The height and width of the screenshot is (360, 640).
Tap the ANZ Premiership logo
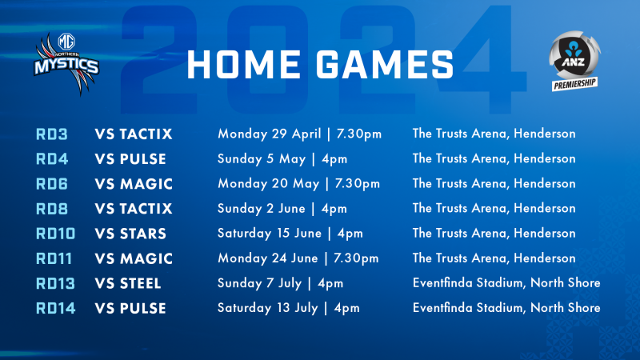click(574, 61)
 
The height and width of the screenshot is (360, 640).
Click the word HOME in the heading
click(244, 65)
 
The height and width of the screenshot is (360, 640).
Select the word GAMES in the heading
click(385, 65)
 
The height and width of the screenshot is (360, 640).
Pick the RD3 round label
click(52, 134)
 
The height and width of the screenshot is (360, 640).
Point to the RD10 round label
click(55, 234)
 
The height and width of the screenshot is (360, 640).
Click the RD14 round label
click(55, 309)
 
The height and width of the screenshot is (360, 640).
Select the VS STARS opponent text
click(130, 234)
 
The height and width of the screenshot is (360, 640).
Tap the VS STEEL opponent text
click(128, 284)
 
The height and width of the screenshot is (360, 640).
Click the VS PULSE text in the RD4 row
click(130, 159)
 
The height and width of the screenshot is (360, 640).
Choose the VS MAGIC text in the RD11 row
click(134, 258)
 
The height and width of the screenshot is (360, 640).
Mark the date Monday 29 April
click(270, 134)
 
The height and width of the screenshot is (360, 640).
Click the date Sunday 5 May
click(262, 158)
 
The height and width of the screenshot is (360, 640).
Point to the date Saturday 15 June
click(270, 234)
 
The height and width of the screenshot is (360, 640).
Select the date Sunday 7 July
click(259, 283)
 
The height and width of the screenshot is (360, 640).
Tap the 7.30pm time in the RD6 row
click(358, 184)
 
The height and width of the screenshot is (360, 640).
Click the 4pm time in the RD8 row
click(334, 209)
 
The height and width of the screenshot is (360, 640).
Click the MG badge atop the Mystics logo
click(66, 42)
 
